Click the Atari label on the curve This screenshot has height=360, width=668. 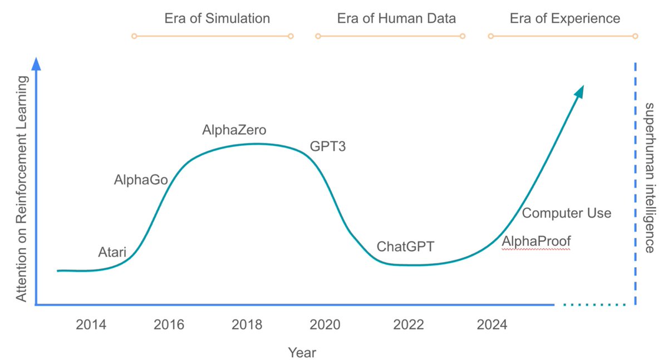tap(112, 253)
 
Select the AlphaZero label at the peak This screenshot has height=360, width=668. tap(234, 131)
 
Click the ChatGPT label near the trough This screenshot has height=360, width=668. tap(405, 246)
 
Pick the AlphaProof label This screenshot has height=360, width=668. tap(536, 242)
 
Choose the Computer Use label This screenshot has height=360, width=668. tap(567, 213)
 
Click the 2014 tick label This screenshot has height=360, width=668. tap(91, 325)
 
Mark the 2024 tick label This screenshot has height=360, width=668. tap(492, 325)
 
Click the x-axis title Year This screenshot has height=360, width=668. tap(302, 352)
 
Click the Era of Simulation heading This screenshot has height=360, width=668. tap(217, 18)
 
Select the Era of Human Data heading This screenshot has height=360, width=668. tap(396, 18)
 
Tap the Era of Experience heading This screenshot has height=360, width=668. tap(564, 18)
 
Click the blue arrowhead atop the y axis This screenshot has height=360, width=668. tap(36, 64)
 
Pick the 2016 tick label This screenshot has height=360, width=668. tap(169, 325)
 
